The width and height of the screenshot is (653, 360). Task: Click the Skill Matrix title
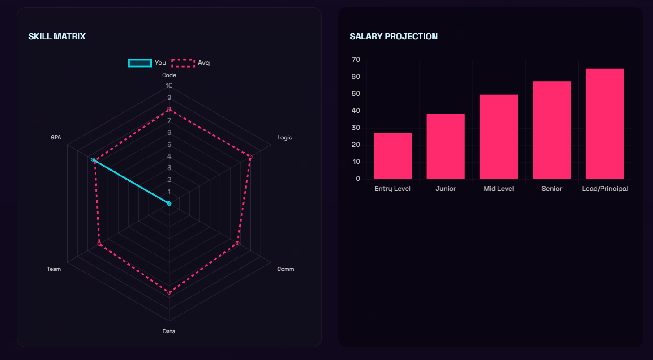coord(57,36)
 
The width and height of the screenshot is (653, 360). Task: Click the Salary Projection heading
coord(394,36)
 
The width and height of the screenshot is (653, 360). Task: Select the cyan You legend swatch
coord(140,63)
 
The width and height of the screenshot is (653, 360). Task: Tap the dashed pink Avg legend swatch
coord(183,63)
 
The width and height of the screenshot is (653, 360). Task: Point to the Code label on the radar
coord(169,75)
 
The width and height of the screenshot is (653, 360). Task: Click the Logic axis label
coord(284,137)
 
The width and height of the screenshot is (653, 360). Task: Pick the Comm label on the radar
coord(285,269)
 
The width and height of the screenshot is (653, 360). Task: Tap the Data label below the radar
coord(169,331)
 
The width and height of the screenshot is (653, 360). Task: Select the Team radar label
coord(54,269)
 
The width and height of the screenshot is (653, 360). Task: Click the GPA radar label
coord(56,137)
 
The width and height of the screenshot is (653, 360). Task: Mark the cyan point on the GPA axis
coord(93,160)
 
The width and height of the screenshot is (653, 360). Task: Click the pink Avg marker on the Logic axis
coord(250,157)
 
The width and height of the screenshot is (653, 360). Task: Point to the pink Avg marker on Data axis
coord(169,292)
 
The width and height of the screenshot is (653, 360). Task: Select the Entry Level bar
coord(392,156)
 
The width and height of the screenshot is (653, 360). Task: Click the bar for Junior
coord(446,146)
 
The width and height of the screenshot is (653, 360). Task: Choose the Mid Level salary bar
coord(498,137)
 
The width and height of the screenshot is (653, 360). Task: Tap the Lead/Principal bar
coord(605,124)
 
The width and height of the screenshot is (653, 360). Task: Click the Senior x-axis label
coord(552,189)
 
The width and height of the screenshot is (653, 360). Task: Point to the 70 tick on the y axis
coord(356,60)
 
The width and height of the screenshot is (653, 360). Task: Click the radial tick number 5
coord(169,145)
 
